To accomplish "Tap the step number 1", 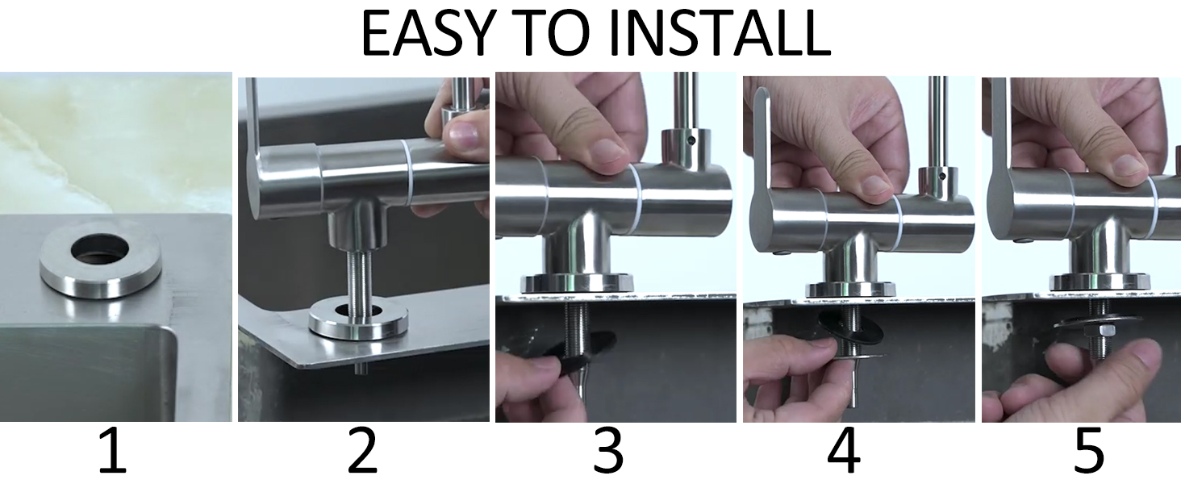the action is coord(114,451).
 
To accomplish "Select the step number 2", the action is coord(363,451).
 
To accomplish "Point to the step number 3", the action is coord(608,451).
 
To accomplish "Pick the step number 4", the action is coord(844,451).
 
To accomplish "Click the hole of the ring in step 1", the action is coord(99,248).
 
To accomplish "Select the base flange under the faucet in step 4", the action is coord(850,289).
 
